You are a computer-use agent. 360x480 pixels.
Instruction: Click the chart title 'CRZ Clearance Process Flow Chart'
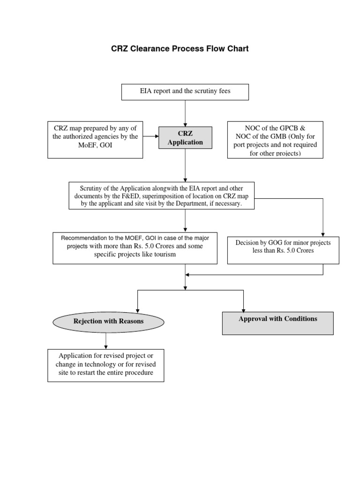click(180, 49)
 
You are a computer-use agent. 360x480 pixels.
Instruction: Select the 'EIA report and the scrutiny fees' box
click(185, 91)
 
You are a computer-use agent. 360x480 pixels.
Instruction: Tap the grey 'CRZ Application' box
click(185, 138)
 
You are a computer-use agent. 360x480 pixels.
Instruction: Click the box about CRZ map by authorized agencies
click(96, 139)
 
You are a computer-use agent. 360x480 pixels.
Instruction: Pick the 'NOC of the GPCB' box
click(275, 139)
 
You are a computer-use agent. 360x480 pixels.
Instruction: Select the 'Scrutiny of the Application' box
click(162, 195)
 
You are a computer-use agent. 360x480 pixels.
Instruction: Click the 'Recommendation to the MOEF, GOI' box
click(135, 247)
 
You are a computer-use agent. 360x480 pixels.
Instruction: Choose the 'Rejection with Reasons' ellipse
click(108, 321)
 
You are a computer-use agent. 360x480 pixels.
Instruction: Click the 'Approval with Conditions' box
click(277, 322)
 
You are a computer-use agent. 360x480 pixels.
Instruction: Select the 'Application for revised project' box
click(105, 365)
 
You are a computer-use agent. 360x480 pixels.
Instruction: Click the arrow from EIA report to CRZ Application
click(185, 112)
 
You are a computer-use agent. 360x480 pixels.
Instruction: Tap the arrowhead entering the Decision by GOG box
click(323, 234)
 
